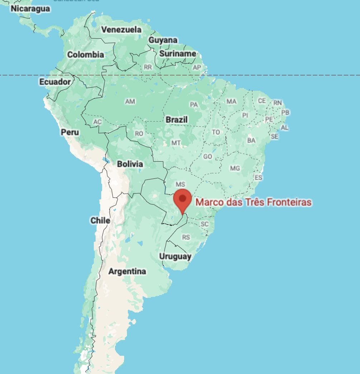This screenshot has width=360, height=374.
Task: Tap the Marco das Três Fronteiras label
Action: [253, 202]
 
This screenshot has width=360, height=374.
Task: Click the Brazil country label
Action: [176, 119]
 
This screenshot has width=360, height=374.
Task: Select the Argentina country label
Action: [127, 271]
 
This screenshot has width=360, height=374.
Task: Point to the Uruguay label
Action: [175, 256]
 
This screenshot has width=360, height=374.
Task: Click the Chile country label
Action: [100, 221]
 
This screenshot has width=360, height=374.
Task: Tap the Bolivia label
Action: [130, 164]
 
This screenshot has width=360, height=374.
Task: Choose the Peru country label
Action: [70, 132]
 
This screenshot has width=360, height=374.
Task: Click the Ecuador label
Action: [55, 82]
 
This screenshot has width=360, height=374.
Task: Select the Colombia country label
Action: [86, 55]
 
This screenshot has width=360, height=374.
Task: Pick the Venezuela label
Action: [121, 30]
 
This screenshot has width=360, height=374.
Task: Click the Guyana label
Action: [163, 40]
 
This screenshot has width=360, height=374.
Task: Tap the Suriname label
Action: [177, 54]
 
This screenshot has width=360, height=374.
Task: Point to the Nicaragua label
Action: [30, 9]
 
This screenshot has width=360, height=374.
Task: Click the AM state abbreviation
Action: [130, 102]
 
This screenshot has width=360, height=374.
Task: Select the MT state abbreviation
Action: [176, 143]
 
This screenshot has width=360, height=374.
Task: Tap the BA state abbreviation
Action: [251, 141]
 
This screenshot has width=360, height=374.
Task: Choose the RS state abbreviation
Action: [186, 237]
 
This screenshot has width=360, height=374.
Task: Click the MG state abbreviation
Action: [235, 168]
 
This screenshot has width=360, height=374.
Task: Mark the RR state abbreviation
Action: [147, 67]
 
